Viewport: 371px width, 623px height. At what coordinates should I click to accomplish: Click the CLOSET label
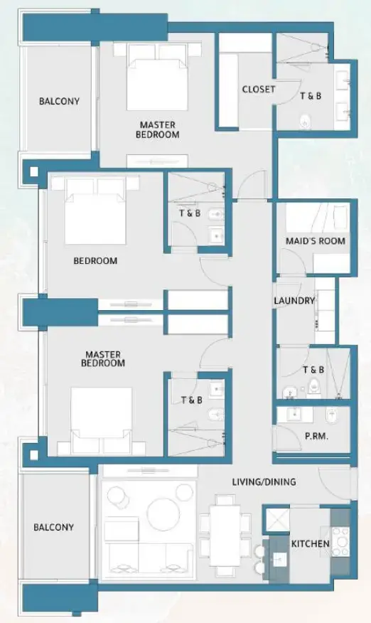tap(258, 90)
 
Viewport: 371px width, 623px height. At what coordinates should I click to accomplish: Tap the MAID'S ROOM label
tap(315, 241)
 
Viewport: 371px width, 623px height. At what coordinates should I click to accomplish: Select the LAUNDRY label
tap(294, 301)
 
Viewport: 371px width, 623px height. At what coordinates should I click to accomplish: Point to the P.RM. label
tap(316, 436)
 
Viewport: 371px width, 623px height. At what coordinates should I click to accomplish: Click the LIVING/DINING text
tap(264, 481)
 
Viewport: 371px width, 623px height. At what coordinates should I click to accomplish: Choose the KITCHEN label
tap(310, 544)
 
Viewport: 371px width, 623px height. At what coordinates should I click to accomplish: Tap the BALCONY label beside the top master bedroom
tap(59, 102)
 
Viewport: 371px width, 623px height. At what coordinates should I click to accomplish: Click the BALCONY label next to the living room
tap(53, 527)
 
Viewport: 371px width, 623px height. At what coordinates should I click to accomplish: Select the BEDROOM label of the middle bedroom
tap(95, 261)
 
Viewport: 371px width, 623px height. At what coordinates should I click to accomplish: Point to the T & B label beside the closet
tap(311, 95)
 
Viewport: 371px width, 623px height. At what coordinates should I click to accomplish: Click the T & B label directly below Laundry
tap(313, 370)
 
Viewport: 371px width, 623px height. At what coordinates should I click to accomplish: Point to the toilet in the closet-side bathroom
tap(306, 122)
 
